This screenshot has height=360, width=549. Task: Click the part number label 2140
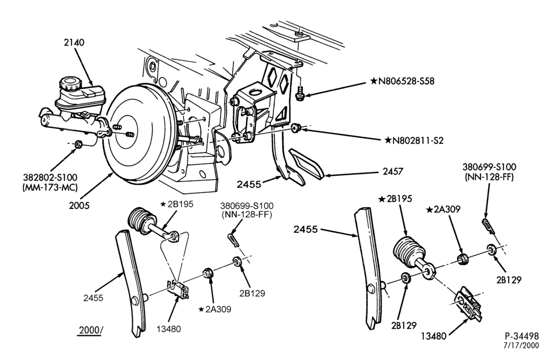click(x=74, y=42)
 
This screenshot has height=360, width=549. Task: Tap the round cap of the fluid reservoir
click(x=70, y=84)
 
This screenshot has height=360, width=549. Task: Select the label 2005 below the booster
click(x=79, y=205)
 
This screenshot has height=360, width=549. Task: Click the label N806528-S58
click(x=402, y=81)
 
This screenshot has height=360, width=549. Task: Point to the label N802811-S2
click(x=414, y=140)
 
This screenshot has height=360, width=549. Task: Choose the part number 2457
click(x=393, y=171)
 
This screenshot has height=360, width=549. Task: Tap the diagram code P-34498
click(x=522, y=336)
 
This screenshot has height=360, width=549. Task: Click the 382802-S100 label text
click(x=51, y=178)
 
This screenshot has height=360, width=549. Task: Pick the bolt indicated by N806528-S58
click(x=300, y=93)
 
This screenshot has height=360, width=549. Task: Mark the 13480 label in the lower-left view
click(x=169, y=329)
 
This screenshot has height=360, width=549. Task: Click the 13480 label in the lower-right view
click(x=434, y=336)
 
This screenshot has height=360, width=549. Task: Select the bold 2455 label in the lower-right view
click(x=306, y=229)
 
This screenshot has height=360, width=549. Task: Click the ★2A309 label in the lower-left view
click(x=215, y=310)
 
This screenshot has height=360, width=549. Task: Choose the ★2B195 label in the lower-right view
click(x=395, y=199)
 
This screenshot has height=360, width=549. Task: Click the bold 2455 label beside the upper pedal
click(x=249, y=184)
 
